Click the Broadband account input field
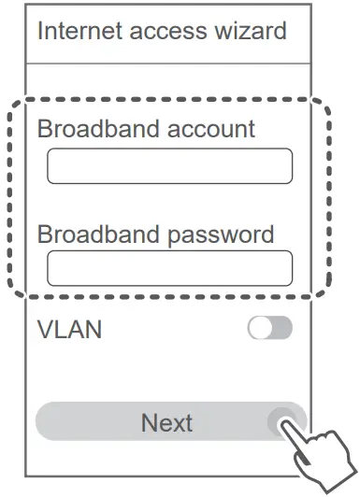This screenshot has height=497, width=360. coord(169,166)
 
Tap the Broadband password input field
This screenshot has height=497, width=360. coord(169,267)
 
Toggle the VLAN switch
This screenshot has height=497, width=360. coord(269,328)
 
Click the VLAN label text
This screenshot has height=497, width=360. coord(69,329)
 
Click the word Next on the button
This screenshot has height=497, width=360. coord(166,422)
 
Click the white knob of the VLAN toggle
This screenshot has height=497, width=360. coord(259,328)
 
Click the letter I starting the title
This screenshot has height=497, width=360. coord(40,31)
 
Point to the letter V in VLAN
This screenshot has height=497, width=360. coord(44,329)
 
